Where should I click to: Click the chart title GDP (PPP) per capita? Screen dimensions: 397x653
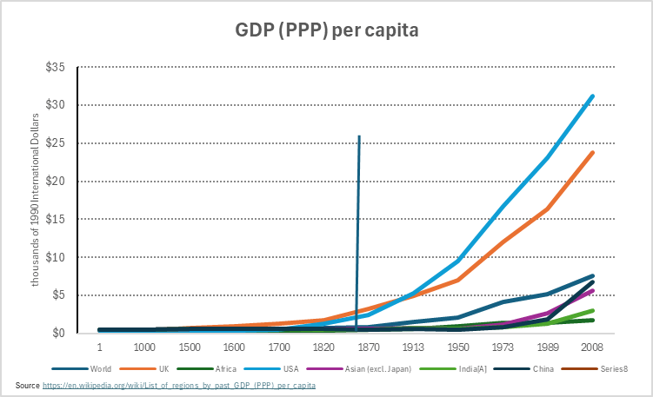point(327,31)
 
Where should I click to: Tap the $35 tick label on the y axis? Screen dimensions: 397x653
point(56,67)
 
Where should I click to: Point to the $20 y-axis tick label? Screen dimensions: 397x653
point(56,181)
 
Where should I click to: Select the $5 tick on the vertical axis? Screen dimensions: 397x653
point(58,295)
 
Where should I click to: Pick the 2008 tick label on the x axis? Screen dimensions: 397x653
point(593,346)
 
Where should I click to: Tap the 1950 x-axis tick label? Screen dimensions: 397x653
point(458,346)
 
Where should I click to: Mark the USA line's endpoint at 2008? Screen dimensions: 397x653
point(593,96)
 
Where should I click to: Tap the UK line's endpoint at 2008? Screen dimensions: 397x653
point(593,152)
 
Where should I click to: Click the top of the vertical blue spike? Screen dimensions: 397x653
point(359,136)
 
